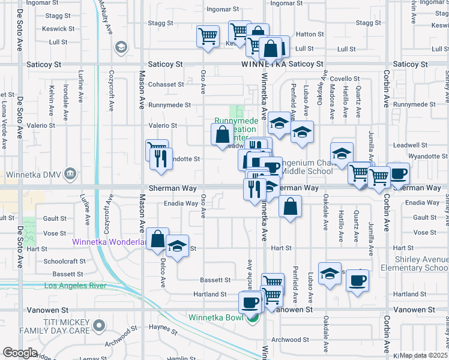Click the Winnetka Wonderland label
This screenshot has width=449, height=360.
[109, 242]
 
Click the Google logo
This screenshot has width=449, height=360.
[20, 352]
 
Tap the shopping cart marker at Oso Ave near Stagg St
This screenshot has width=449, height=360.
[208, 36]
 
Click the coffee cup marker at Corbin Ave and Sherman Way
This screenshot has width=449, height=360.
[398, 174]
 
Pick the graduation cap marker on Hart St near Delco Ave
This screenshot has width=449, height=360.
[177, 247]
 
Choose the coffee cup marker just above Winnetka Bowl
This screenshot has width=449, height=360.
[250, 301]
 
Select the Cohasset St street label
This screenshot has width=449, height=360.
[166, 85]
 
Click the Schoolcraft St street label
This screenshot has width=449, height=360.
[65, 262]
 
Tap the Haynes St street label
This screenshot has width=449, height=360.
[160, 327]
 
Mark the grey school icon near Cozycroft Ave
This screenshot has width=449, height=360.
[121, 47]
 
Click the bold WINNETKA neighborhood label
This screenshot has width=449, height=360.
[262, 64]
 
